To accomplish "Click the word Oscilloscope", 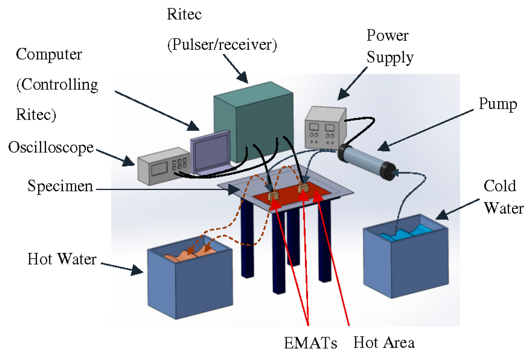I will pos(51,147).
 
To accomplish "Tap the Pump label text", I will pos(497,104).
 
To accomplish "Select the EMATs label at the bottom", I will pos(310,343).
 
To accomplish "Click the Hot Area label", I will pos(384,342).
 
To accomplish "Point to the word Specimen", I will pos(60,186).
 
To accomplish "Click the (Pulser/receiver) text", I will pos(222,44).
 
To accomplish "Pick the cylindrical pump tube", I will pos(363,160).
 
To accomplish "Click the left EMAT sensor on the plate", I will pos(273,196).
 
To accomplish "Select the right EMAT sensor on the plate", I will pos(303,188).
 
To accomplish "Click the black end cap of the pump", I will pos(388,171).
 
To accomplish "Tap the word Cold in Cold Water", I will pos(499,186).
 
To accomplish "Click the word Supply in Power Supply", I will pos(390,57).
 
